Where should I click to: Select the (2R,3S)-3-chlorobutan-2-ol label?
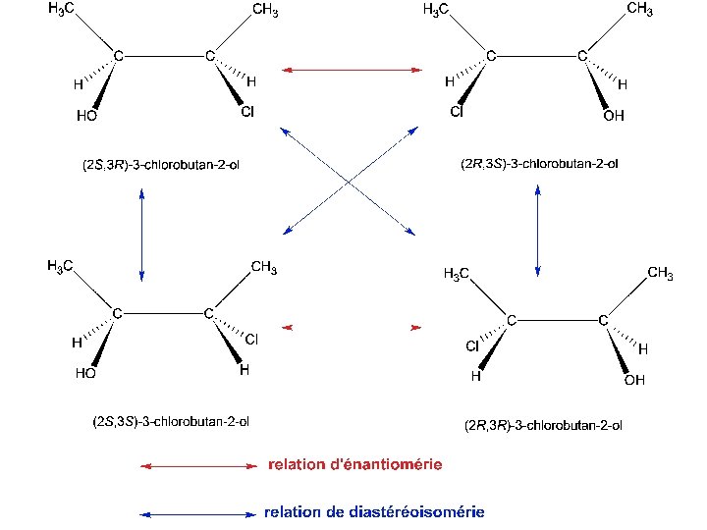click(x=539, y=164)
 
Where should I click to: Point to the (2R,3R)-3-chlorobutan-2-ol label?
click(x=543, y=426)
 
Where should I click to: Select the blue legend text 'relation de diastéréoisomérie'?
click(x=374, y=512)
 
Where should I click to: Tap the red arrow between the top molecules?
click(x=352, y=70)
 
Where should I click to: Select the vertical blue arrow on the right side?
click(x=537, y=233)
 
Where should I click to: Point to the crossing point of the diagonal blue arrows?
click(x=350, y=182)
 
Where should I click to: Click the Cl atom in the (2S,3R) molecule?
click(x=247, y=113)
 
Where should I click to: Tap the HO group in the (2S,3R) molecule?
click(x=86, y=116)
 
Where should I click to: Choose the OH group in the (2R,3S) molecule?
click(x=613, y=116)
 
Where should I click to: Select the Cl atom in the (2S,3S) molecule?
click(x=251, y=340)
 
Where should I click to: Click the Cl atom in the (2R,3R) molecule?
click(x=472, y=346)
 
